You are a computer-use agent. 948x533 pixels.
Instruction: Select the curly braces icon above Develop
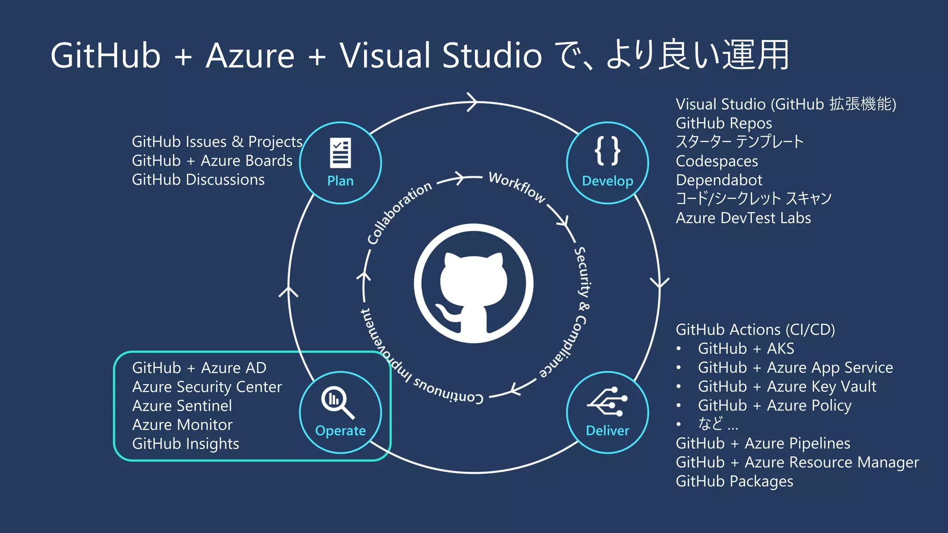607,151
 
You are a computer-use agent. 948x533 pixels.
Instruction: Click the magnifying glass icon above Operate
337,402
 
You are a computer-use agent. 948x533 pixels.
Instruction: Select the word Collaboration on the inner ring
399,212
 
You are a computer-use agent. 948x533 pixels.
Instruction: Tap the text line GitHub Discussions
198,180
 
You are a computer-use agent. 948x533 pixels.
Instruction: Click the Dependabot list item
718,180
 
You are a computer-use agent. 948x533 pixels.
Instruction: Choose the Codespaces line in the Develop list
717,161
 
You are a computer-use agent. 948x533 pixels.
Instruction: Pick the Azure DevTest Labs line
743,218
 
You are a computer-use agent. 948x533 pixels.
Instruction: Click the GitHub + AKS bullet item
746,348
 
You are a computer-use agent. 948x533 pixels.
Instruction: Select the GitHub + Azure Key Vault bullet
787,386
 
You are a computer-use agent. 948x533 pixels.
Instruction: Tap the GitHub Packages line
734,481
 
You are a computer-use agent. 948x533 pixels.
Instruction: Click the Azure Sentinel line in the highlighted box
182,406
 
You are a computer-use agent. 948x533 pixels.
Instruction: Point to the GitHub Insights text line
186,444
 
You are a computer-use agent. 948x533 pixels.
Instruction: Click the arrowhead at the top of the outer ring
472,102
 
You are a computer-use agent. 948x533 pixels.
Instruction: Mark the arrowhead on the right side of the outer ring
659,283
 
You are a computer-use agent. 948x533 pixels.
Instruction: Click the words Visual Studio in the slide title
440,56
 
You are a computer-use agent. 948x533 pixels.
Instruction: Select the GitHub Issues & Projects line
217,142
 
